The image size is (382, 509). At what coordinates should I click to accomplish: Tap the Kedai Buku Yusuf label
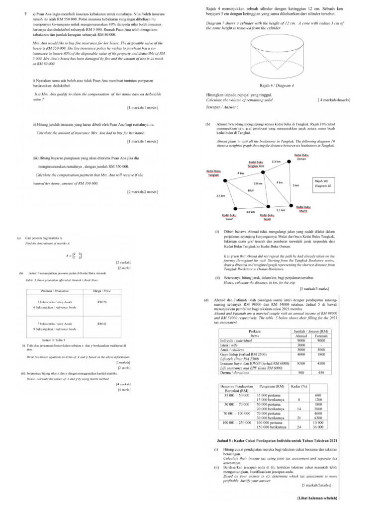[229, 217]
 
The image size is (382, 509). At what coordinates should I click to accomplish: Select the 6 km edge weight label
[251, 190]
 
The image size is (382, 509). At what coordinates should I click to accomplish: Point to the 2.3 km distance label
[277, 161]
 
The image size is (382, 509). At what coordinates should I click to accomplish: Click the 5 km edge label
[295, 185]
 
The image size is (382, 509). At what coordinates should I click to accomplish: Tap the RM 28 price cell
[101, 302]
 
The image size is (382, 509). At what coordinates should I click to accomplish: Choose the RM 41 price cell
[101, 324]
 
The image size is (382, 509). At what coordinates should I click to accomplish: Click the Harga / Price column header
[101, 291]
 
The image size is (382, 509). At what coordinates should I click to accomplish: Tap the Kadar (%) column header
[297, 386]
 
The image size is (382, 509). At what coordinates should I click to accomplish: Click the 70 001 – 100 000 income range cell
[236, 413]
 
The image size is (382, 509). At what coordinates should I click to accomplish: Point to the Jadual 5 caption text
[278, 441]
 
